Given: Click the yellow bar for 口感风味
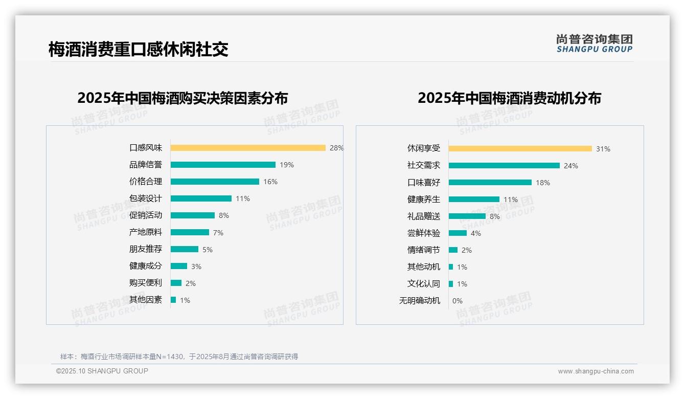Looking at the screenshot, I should (248, 148).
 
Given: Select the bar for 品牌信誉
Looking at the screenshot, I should (223, 165).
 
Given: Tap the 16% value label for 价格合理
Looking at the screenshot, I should (270, 182).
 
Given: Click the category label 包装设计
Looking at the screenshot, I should (145, 198).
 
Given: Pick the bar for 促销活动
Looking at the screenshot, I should (193, 215).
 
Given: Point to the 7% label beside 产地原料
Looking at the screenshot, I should (218, 233).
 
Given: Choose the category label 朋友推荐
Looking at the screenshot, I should (145, 249).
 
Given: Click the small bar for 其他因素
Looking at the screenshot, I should (173, 300).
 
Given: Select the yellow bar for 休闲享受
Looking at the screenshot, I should (520, 149).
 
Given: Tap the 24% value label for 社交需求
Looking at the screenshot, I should (571, 166).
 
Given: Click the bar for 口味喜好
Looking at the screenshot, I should (490, 183).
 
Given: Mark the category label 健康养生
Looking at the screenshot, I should (423, 199).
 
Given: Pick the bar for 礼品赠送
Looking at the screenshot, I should (467, 216).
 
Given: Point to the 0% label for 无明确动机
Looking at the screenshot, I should (458, 301).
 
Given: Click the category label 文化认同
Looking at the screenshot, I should (423, 284).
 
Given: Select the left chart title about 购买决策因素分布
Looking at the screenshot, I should (182, 98).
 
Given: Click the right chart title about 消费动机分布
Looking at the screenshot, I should (509, 98).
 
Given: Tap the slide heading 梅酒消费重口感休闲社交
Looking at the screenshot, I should (138, 49).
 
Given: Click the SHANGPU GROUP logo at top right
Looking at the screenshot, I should (595, 43).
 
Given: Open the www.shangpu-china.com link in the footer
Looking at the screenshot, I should (596, 371).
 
